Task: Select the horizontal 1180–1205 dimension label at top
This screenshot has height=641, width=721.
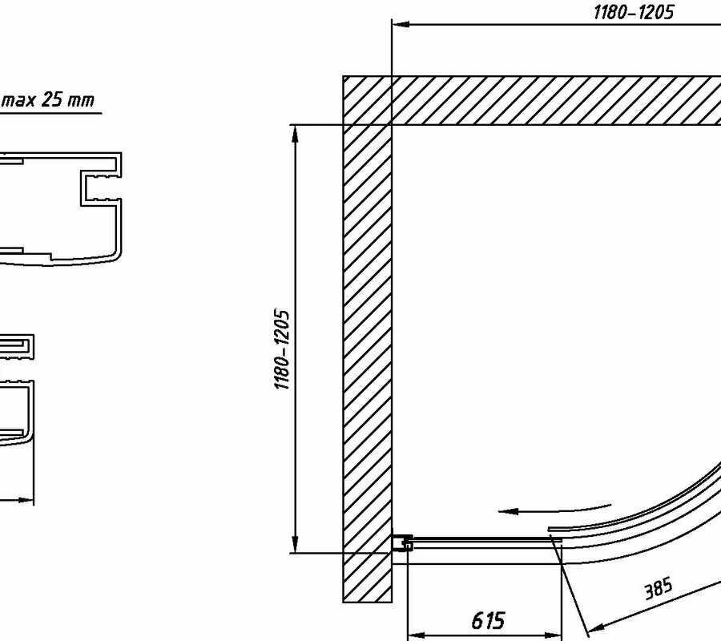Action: pos(633,12)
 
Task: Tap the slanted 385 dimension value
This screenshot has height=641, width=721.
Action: pos(659,589)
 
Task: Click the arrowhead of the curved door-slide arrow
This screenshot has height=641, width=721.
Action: pos(502,510)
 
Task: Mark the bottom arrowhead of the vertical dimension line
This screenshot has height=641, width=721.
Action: pos(295,546)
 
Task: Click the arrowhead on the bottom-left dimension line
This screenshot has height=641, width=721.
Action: pos(29,502)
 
